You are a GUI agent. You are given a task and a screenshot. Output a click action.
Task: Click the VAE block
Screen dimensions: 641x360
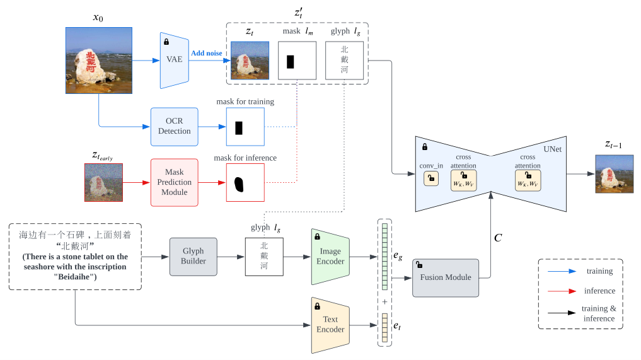[x=174, y=60]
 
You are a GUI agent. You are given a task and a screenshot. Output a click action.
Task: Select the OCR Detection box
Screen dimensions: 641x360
[x=174, y=127]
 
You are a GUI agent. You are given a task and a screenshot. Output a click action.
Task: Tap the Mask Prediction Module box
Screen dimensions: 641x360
[x=174, y=182]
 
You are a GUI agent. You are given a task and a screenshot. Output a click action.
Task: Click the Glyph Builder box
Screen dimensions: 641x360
[x=193, y=257]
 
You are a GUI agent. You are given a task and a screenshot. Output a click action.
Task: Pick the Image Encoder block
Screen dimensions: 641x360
[x=330, y=257]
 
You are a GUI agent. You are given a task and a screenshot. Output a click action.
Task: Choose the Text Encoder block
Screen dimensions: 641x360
[x=330, y=325]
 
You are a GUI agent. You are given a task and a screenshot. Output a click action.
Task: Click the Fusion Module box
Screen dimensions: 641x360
[x=446, y=278]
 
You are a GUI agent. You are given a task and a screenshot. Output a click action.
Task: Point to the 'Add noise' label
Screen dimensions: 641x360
[x=207, y=53]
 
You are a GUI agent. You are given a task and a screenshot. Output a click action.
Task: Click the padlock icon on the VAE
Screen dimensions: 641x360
[x=166, y=42]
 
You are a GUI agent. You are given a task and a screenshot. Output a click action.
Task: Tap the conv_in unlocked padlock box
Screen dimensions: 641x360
[x=431, y=178]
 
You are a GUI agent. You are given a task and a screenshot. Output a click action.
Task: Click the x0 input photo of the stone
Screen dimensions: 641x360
[x=99, y=61]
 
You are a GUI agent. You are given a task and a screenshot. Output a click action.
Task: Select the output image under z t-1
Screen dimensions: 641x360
[x=614, y=174]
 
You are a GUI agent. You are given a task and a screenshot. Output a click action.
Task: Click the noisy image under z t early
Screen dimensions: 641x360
[x=103, y=182]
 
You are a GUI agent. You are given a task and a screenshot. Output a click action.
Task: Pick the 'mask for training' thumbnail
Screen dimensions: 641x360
[x=245, y=127]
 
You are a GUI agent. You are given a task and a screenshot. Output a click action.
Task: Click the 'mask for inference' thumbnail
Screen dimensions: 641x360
[x=245, y=182]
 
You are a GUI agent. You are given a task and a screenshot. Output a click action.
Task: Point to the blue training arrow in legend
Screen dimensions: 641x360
[x=562, y=271]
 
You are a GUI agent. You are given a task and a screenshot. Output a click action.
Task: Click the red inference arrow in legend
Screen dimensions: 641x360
[x=562, y=291]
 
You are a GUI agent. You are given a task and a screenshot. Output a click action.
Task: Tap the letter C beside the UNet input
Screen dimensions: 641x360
[x=498, y=238]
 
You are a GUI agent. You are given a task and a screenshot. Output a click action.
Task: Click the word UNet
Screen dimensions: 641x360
[x=552, y=149]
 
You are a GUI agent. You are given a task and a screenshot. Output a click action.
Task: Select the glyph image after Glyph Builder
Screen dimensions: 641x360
[x=264, y=257]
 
